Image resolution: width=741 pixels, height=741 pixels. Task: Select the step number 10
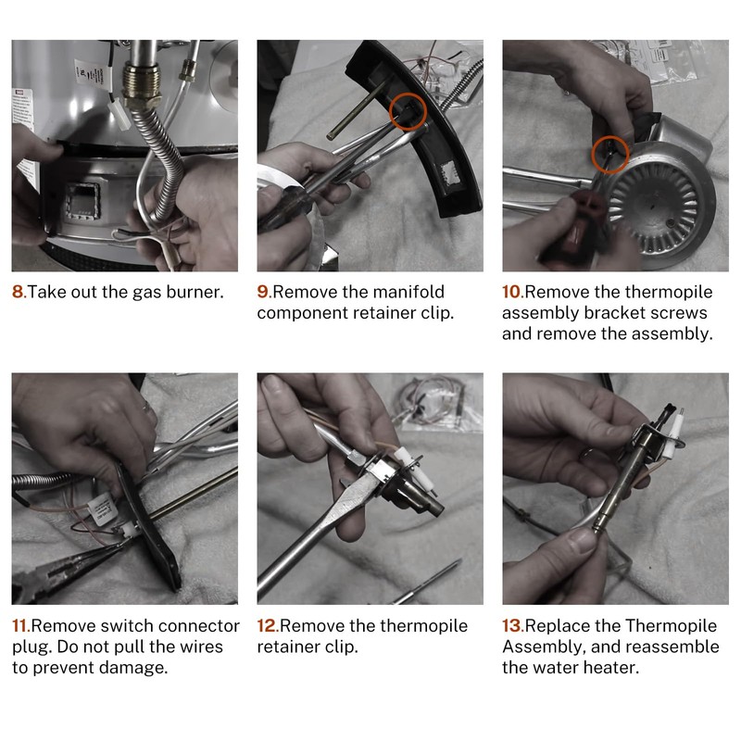click(x=513, y=292)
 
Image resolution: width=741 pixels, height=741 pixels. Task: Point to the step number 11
click(x=21, y=626)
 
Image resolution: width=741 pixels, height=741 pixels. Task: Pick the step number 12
click(x=268, y=626)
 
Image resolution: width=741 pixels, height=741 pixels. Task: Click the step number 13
click(x=513, y=626)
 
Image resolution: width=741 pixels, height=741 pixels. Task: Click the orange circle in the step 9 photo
click(x=408, y=94)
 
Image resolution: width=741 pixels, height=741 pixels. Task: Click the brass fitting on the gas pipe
click(x=142, y=86)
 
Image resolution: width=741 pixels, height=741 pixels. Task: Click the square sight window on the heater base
click(x=82, y=202)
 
